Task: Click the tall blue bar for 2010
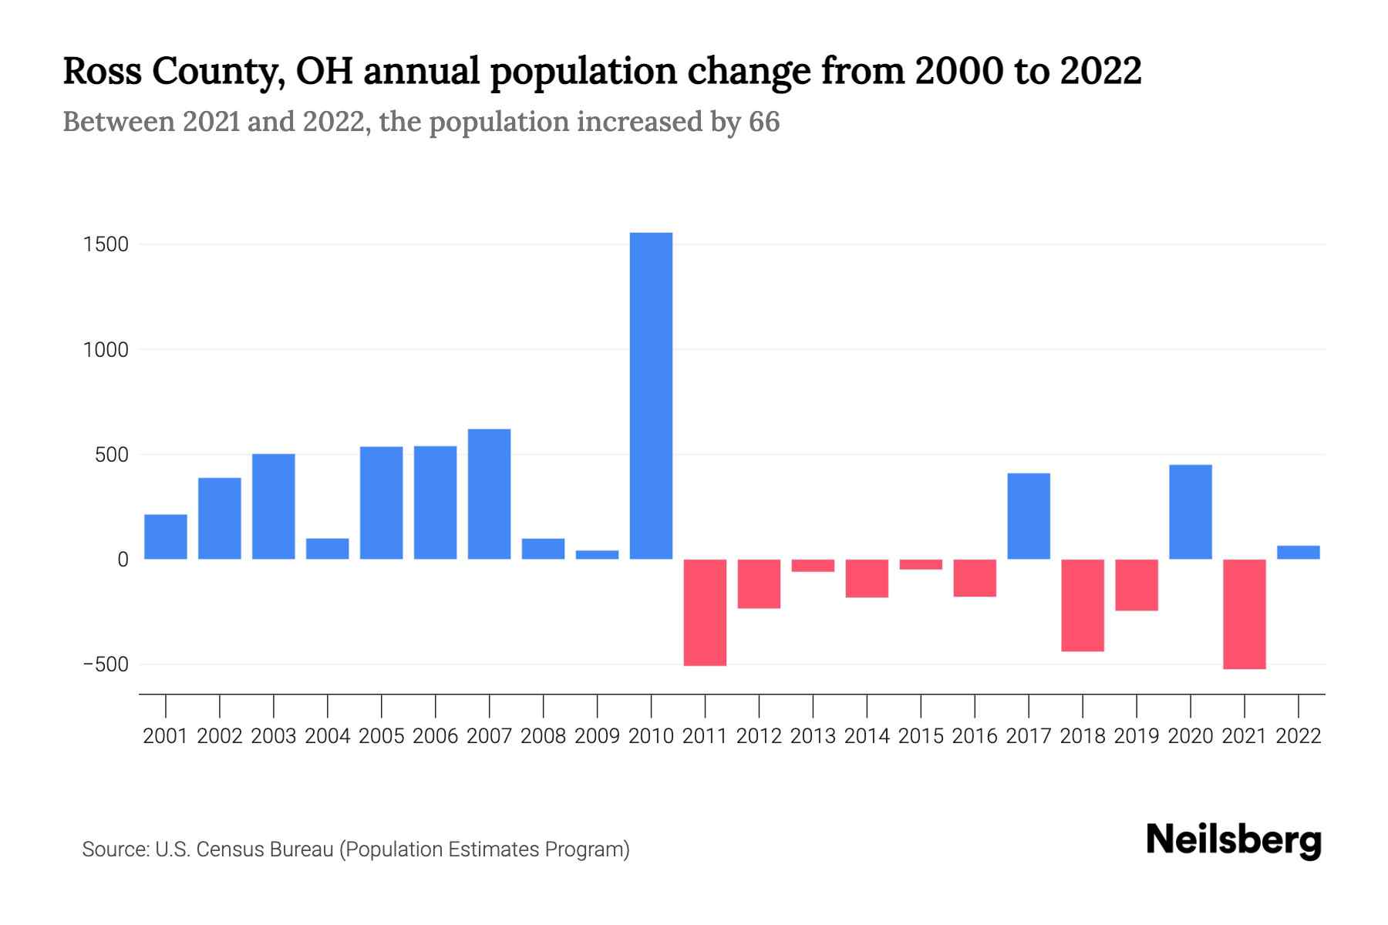[x=651, y=395]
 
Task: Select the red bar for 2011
[x=705, y=612]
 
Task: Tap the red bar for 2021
[x=1245, y=614]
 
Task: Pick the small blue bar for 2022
[x=1299, y=552]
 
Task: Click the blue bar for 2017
[x=1029, y=516]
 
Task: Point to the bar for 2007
[x=489, y=493]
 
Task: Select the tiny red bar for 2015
[x=921, y=564]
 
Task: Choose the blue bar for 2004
[x=327, y=548]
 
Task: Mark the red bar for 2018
[x=1083, y=605]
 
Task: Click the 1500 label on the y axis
[x=106, y=244]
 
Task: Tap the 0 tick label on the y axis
[x=123, y=560]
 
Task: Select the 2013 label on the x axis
[x=813, y=736]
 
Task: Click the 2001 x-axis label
[x=165, y=736]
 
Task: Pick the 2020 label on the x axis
[x=1191, y=736]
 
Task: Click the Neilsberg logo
[x=1233, y=840]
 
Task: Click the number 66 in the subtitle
[x=763, y=122]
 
